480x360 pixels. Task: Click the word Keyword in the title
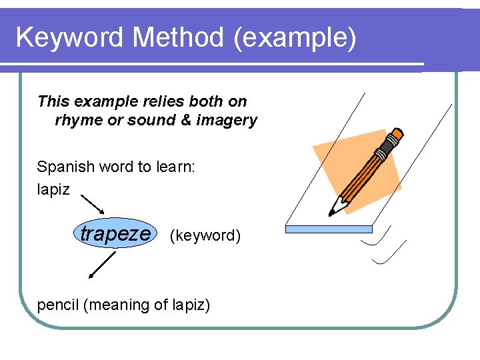pyautogui.click(x=70, y=38)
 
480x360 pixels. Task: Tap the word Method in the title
pyautogui.click(x=178, y=38)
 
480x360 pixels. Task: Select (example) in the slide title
pyautogui.click(x=295, y=38)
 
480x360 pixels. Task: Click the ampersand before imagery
pyautogui.click(x=184, y=121)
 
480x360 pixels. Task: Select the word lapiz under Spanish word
pyautogui.click(x=53, y=189)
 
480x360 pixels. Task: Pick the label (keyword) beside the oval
pyautogui.click(x=205, y=235)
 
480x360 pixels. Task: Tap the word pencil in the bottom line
pyautogui.click(x=58, y=305)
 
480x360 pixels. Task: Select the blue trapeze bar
pyautogui.click(x=329, y=229)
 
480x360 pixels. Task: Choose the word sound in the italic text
pyautogui.click(x=151, y=121)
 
